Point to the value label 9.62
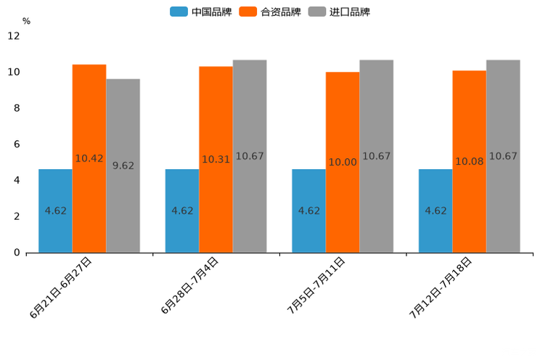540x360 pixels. coord(123,165)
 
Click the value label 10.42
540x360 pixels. coord(89,158)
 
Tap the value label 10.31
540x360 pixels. coord(216,159)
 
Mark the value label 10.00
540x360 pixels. coord(343,162)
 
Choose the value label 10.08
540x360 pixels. coord(470,161)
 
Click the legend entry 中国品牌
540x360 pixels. coord(201,12)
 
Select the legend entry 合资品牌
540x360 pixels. coord(270,12)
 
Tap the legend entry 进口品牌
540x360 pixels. coord(339,12)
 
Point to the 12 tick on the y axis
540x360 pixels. coord(14,36)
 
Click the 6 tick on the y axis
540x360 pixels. coord(17,144)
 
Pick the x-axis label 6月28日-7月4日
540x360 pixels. coord(189,285)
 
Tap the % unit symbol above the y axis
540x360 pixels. coord(26,21)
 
